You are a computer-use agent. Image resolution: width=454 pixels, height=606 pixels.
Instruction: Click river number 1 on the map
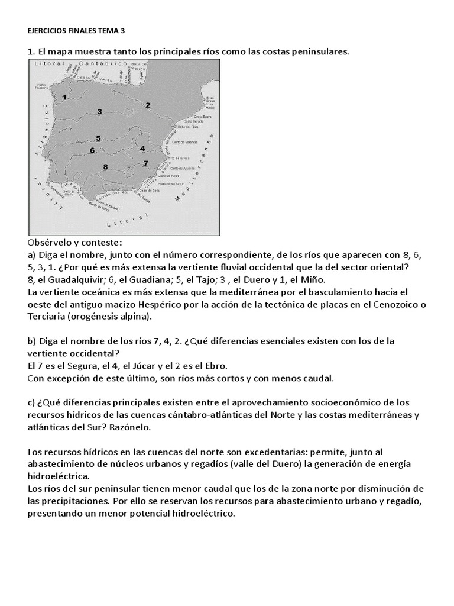[64, 96]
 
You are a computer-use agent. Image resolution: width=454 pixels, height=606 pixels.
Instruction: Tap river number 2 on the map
[148, 105]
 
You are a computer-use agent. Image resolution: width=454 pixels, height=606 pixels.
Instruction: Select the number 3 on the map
[100, 112]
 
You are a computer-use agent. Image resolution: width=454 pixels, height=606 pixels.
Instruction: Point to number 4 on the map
[142, 148]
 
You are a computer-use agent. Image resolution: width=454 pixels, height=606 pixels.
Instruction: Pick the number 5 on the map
[98, 138]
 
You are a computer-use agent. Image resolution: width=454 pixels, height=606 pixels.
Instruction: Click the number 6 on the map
[92, 150]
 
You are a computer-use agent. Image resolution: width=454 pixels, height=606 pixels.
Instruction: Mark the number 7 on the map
[145, 163]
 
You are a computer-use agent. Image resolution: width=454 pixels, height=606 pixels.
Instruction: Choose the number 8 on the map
[105, 167]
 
